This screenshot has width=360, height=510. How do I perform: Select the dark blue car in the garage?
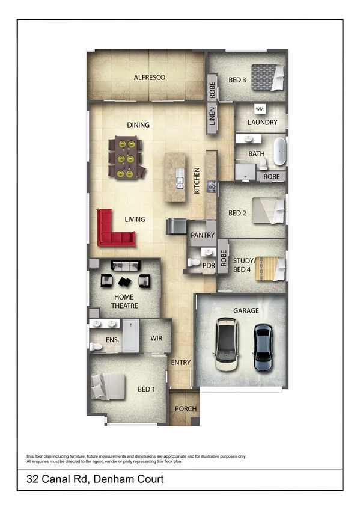[263, 347]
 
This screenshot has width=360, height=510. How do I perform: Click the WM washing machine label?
[260, 109]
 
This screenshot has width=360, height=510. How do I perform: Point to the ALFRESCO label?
[149, 78]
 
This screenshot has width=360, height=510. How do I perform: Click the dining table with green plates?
[126, 158]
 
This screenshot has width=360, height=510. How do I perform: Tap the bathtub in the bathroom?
[279, 151]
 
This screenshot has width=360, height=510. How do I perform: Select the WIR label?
[156, 339]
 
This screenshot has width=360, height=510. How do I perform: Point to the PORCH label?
[186, 409]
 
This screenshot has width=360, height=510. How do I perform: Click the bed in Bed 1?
[109, 387]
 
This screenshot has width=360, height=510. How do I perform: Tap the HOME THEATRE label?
[124, 301]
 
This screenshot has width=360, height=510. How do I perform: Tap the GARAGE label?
[246, 310]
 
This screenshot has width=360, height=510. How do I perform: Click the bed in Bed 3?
[268, 77]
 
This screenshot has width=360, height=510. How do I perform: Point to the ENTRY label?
[180, 363]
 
